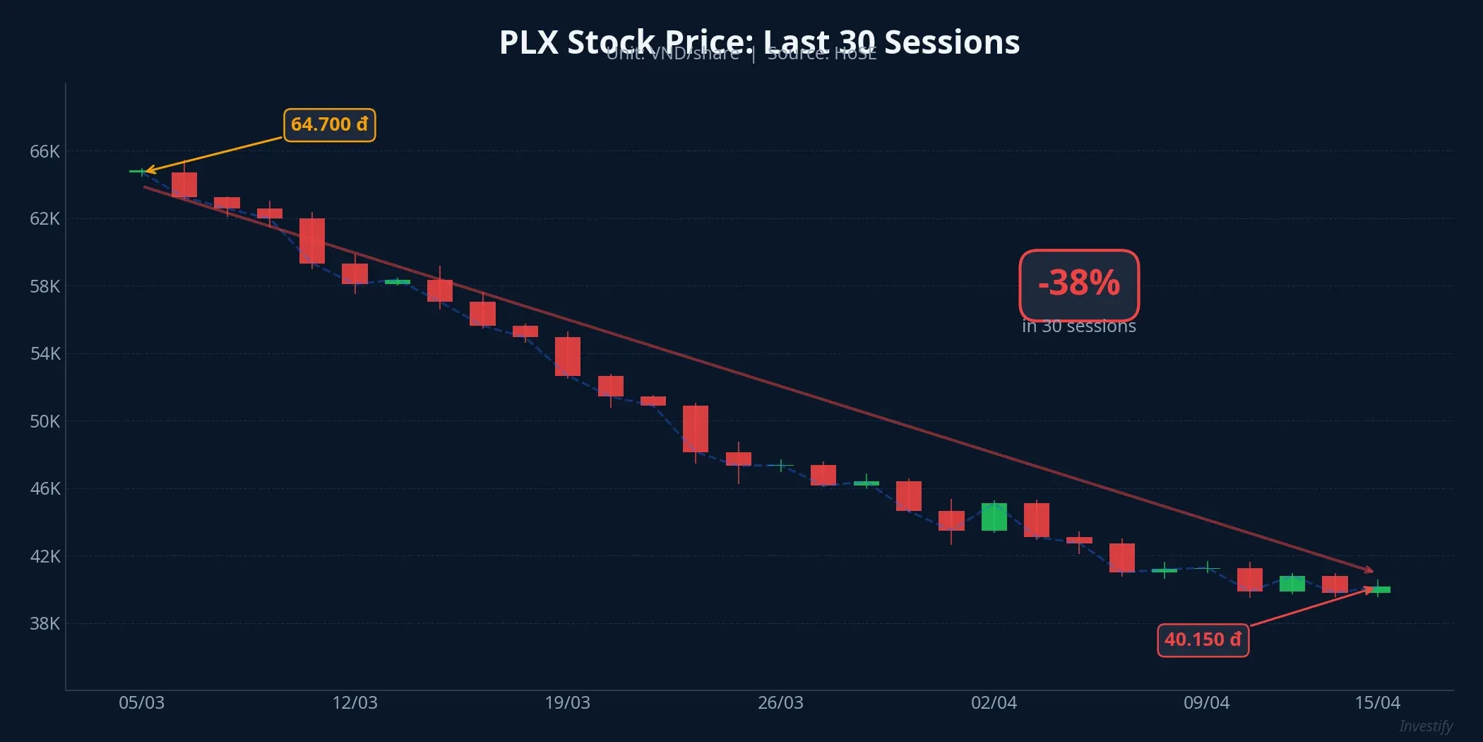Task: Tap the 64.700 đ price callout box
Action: pyautogui.click(x=329, y=125)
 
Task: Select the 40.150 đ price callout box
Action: pyautogui.click(x=1203, y=640)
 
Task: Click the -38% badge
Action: pyautogui.click(x=1078, y=284)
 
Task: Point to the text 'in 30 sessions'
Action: pyautogui.click(x=1078, y=326)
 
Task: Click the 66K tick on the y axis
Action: pyautogui.click(x=44, y=151)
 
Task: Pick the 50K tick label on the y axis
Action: pyautogui.click(x=44, y=421)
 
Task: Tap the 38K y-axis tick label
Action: pyautogui.click(x=44, y=623)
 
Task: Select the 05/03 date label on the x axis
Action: pyautogui.click(x=141, y=703)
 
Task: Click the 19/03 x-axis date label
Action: pyautogui.click(x=567, y=703)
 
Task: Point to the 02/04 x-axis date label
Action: pyautogui.click(x=994, y=703)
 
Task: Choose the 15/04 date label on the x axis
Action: pyautogui.click(x=1377, y=703)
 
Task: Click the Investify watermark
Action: pyautogui.click(x=1425, y=726)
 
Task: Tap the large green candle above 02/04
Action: pyautogui.click(x=994, y=517)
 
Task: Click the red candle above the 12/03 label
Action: pyautogui.click(x=355, y=273)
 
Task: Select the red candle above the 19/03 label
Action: pyautogui.click(x=567, y=356)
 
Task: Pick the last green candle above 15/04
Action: pyautogui.click(x=1378, y=589)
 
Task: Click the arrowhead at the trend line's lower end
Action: pyautogui.click(x=1369, y=570)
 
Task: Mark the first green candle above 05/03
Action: pyautogui.click(x=141, y=171)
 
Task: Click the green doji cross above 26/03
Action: pyautogui.click(x=781, y=465)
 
